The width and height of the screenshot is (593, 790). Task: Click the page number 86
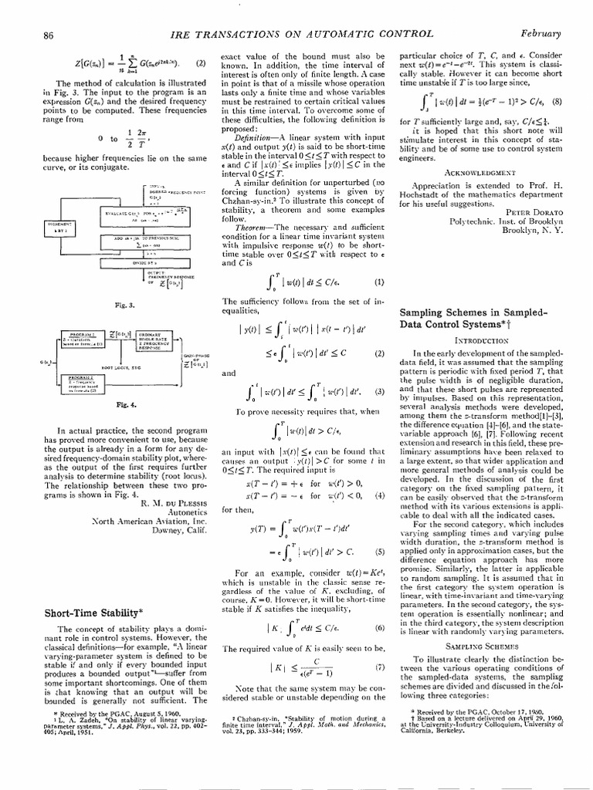pos(48,35)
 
